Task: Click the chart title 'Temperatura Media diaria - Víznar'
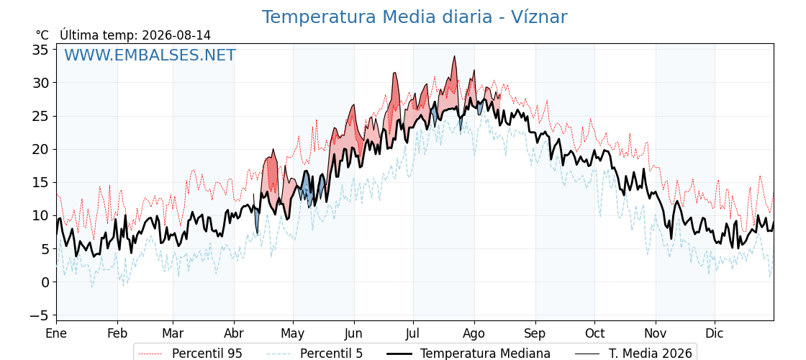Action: pos(415,17)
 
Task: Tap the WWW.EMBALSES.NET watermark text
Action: pos(150,55)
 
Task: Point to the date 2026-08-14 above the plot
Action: pos(176,35)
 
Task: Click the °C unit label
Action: pos(42,35)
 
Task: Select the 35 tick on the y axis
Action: pos(40,50)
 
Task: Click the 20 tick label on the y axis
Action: pos(40,149)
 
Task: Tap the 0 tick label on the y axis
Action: pos(45,282)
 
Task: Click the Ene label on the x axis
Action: pos(56,333)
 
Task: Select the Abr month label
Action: pos(234,333)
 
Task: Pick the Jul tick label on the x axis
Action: pos(413,333)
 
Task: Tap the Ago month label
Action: pos(474,333)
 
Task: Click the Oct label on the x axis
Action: pos(594,333)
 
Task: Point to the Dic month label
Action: pos(715,333)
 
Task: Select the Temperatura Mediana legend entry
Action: pos(467,354)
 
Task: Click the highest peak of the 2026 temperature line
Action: pos(454,56)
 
